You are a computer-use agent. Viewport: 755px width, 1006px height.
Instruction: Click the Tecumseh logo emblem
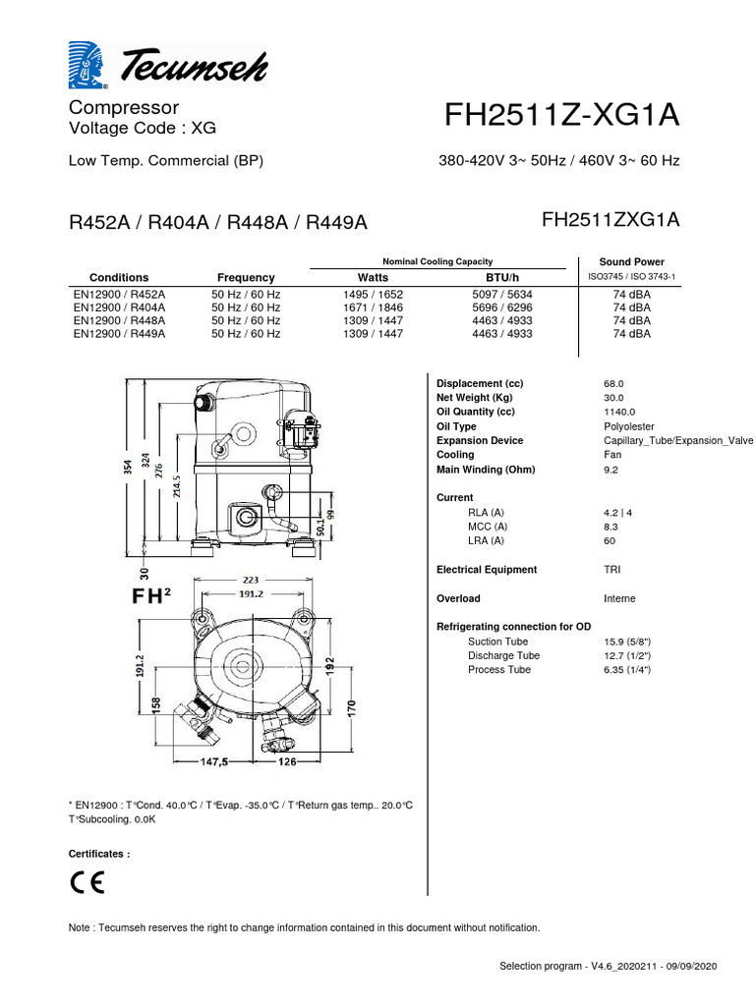[x=90, y=66]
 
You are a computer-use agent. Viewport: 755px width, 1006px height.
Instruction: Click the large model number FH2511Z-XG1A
[x=561, y=116]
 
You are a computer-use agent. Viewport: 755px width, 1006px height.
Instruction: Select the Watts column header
[x=373, y=278]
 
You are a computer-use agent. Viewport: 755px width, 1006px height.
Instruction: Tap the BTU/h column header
[x=509, y=278]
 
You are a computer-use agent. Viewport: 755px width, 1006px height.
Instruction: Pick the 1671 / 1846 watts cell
[x=373, y=307]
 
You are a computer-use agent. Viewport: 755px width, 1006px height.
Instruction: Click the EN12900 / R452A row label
[x=119, y=293]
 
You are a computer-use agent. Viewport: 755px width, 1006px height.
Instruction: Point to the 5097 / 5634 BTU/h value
[x=509, y=293]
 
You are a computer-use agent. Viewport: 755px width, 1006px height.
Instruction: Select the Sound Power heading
[x=631, y=262]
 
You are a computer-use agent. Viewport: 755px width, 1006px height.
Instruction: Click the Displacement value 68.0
[x=613, y=383]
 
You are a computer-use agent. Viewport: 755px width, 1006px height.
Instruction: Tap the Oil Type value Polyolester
[x=630, y=426]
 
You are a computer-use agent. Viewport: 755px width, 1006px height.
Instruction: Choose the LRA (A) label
[x=486, y=540]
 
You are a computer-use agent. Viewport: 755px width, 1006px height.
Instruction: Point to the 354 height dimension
[x=127, y=468]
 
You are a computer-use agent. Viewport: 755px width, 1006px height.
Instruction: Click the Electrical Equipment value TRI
[x=611, y=570]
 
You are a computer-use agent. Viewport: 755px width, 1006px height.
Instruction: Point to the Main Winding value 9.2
[x=610, y=470]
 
